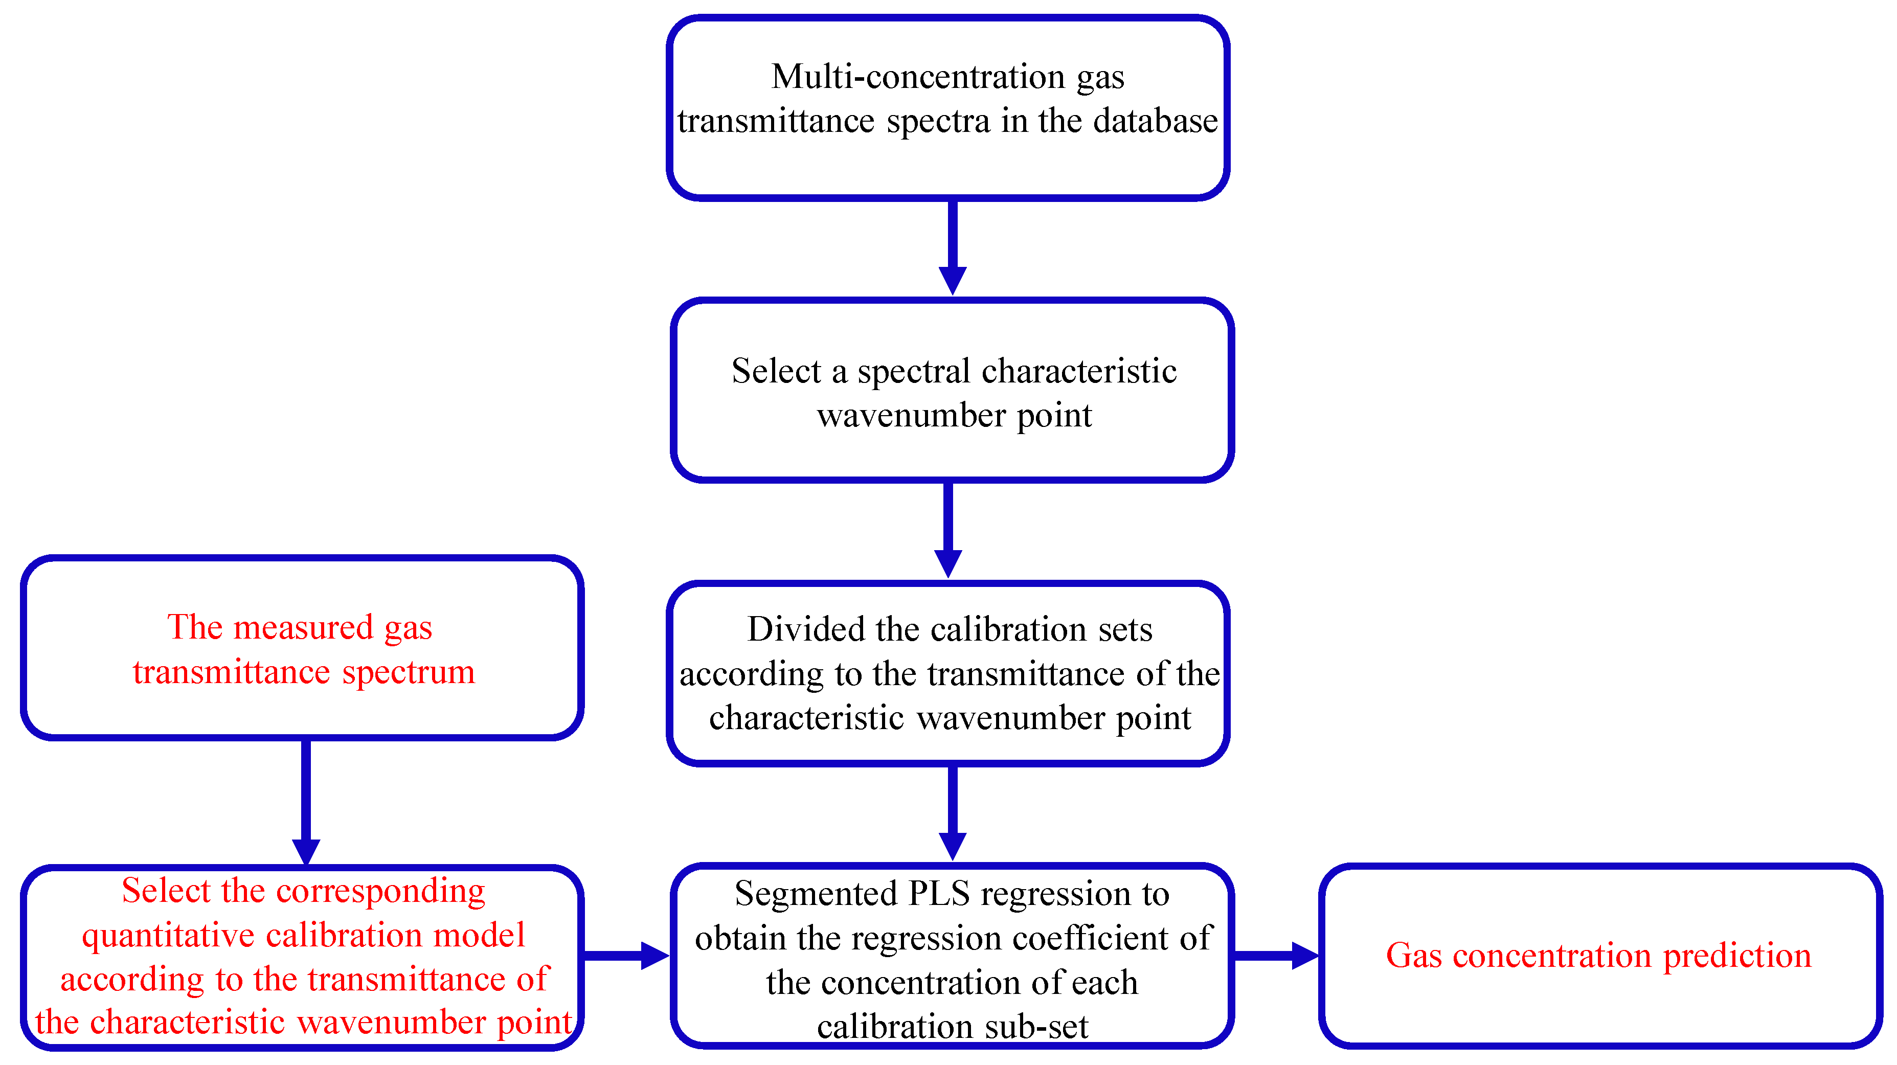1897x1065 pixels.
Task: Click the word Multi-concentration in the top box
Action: coord(918,77)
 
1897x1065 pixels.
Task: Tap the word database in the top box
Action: coord(1156,121)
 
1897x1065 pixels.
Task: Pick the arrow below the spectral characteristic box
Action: coord(948,529)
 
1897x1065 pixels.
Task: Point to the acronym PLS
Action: coord(939,894)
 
